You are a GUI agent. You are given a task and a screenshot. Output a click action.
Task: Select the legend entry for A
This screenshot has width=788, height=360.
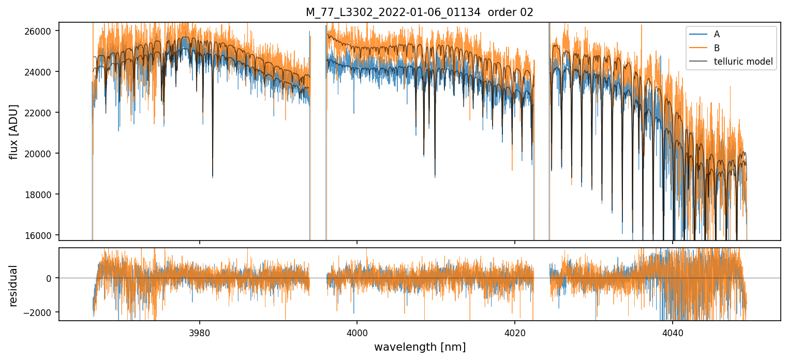tap(717, 35)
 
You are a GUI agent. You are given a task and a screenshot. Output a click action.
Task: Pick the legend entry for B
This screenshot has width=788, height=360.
tap(717, 48)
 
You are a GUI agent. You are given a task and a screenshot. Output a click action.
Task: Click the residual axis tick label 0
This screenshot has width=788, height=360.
tap(49, 278)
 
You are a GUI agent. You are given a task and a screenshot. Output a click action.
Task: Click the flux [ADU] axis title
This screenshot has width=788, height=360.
tap(14, 131)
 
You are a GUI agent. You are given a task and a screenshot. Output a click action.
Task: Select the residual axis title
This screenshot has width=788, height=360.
tap(14, 285)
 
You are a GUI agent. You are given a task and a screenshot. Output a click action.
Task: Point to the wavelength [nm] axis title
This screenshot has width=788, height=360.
tap(420, 347)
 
